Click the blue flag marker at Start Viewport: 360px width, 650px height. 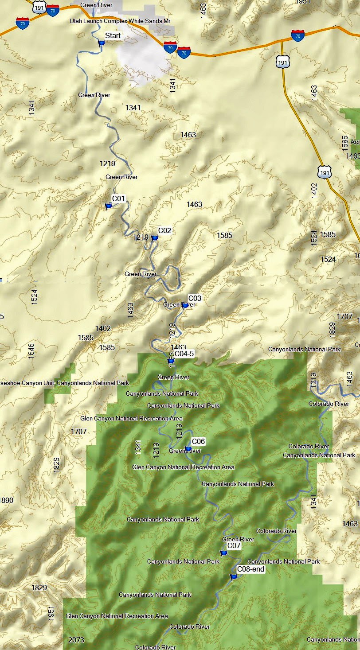coord(101,43)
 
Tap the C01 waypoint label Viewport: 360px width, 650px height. coord(118,199)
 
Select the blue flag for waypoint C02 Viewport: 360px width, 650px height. coord(154,238)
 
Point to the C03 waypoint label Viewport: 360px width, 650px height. coord(195,298)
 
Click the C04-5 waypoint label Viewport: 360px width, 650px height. coord(184,354)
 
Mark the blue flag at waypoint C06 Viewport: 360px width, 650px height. coord(188,448)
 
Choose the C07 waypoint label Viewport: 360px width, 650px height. coord(234,545)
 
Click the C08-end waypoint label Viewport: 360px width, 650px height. coord(250,569)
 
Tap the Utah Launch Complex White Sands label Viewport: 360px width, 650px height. coord(120,21)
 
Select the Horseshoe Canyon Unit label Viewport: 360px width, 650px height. coord(64,383)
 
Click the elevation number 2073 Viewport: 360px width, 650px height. coord(76,640)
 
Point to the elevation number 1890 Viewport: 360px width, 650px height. coord(6,500)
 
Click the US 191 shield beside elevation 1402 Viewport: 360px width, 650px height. coord(325,172)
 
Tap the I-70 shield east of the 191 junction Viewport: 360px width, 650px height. coord(298,35)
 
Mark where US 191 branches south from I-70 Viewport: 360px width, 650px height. coord(282,41)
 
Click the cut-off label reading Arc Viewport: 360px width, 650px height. coord(355,142)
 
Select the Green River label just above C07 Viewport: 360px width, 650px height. coord(238,539)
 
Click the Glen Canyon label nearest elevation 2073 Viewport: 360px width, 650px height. coord(117,616)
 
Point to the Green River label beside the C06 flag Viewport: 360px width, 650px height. coord(185,451)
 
